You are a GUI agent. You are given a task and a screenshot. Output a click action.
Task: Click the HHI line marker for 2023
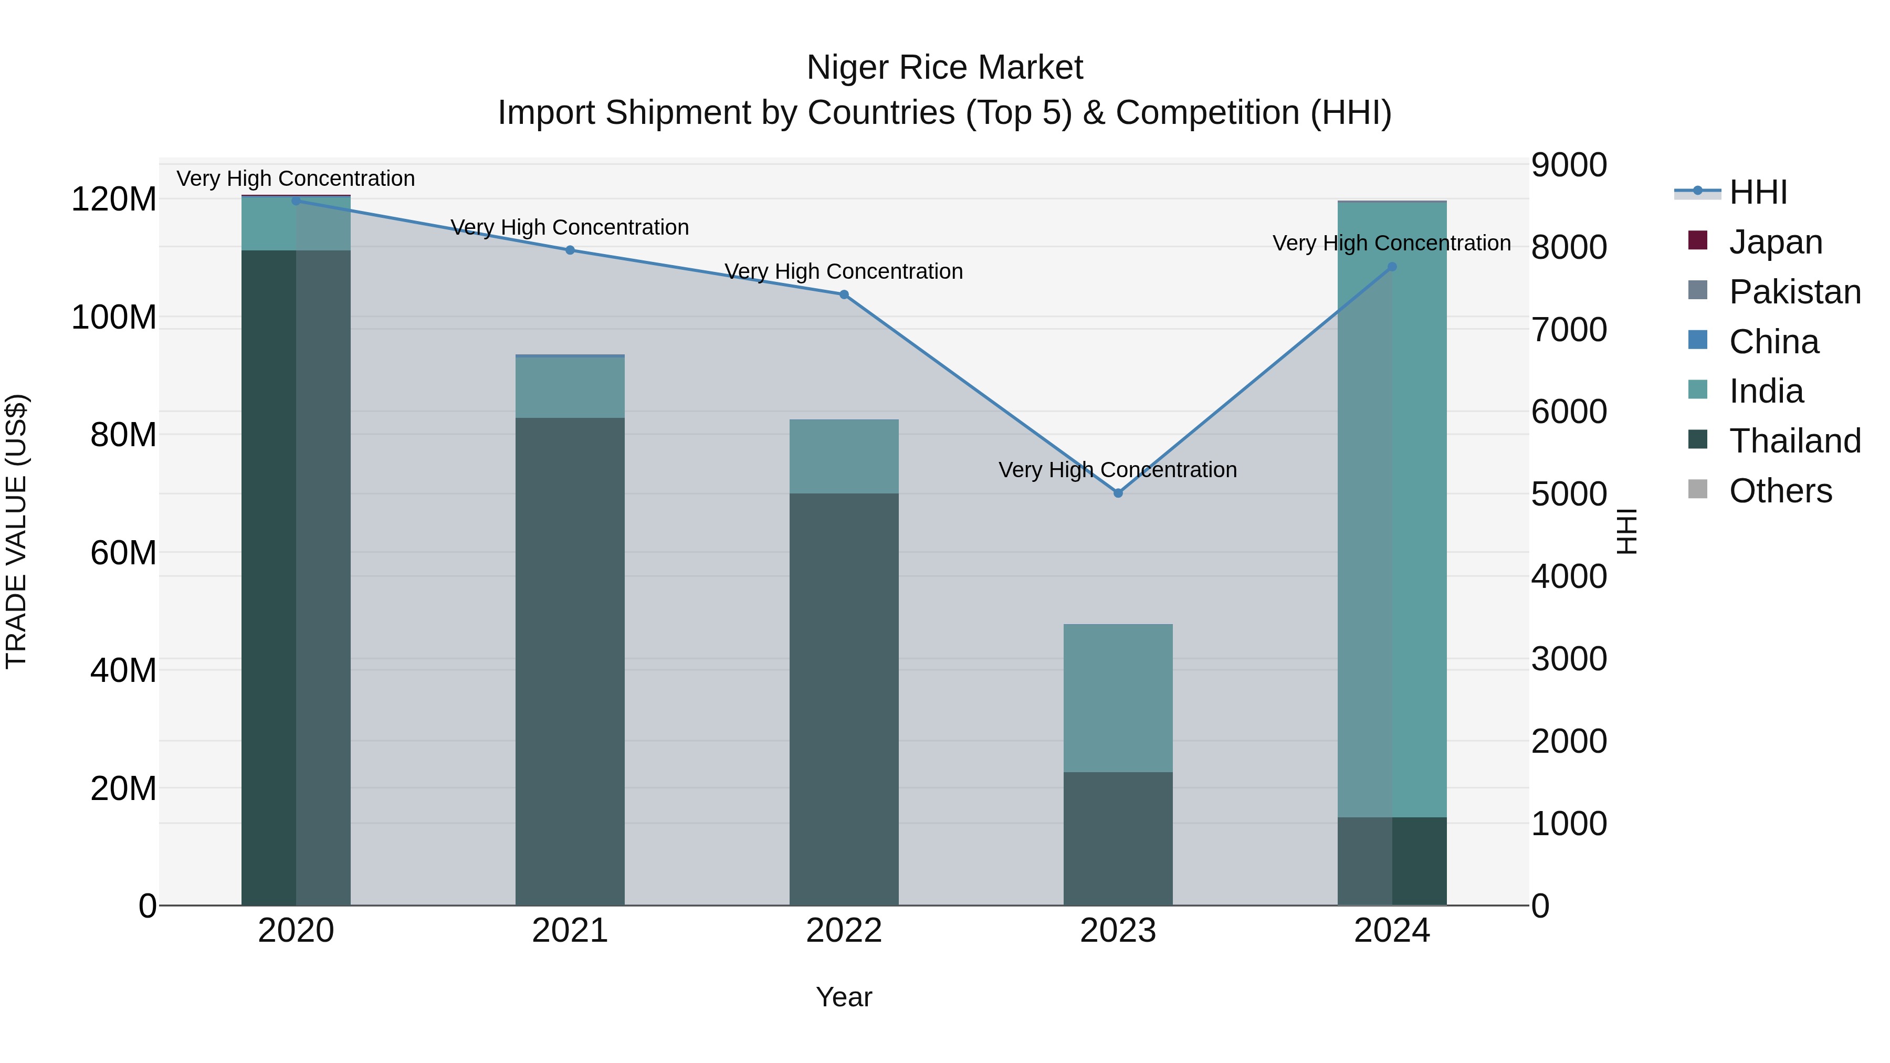pos(1117,493)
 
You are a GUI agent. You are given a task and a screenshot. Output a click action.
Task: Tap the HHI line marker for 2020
pos(296,201)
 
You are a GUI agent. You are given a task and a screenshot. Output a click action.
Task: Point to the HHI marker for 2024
pos(1392,267)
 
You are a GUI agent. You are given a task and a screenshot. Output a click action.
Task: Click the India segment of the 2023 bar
pos(1117,697)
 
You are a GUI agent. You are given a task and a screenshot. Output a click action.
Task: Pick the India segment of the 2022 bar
pos(844,456)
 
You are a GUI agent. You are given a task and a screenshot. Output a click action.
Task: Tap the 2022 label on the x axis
pos(844,931)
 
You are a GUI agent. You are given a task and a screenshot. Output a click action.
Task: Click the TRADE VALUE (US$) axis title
pos(17,531)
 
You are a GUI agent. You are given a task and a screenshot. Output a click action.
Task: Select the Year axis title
pos(844,997)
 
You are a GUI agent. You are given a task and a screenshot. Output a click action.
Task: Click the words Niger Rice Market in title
pos(944,68)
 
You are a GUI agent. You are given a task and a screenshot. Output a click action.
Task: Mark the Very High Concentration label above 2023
pos(1117,469)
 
